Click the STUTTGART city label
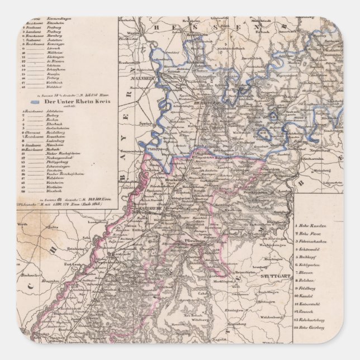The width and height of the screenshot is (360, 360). point(273,277)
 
